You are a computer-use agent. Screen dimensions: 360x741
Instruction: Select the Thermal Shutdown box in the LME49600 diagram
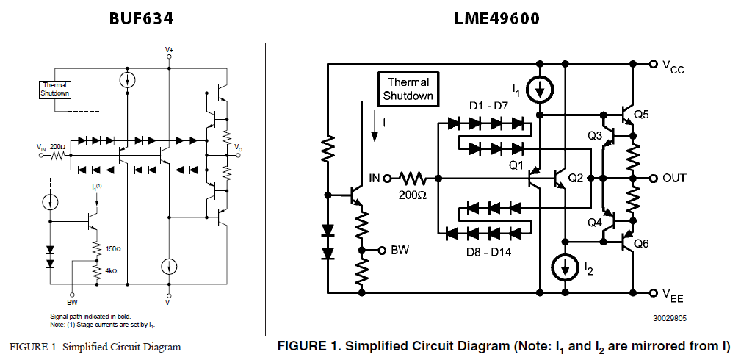tap(408, 89)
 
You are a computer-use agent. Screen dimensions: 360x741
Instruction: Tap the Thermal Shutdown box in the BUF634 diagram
tap(55, 89)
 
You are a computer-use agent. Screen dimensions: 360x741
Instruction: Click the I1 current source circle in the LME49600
tap(541, 90)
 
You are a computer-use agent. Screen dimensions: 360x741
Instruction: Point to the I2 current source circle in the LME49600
tap(565, 268)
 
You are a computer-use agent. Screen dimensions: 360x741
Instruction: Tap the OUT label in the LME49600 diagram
tap(674, 179)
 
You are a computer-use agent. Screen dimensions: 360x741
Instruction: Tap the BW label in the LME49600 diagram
tap(400, 251)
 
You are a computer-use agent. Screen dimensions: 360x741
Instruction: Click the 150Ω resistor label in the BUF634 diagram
tap(112, 248)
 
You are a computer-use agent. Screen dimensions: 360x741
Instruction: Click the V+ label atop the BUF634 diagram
tap(170, 50)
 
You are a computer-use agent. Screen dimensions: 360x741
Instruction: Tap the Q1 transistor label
tap(516, 165)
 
